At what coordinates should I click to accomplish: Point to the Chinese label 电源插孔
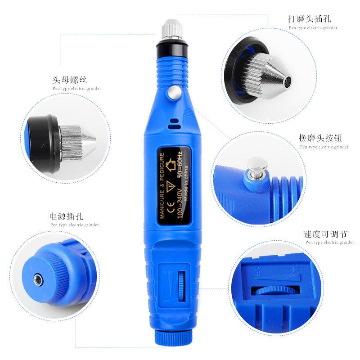[x=67, y=216]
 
